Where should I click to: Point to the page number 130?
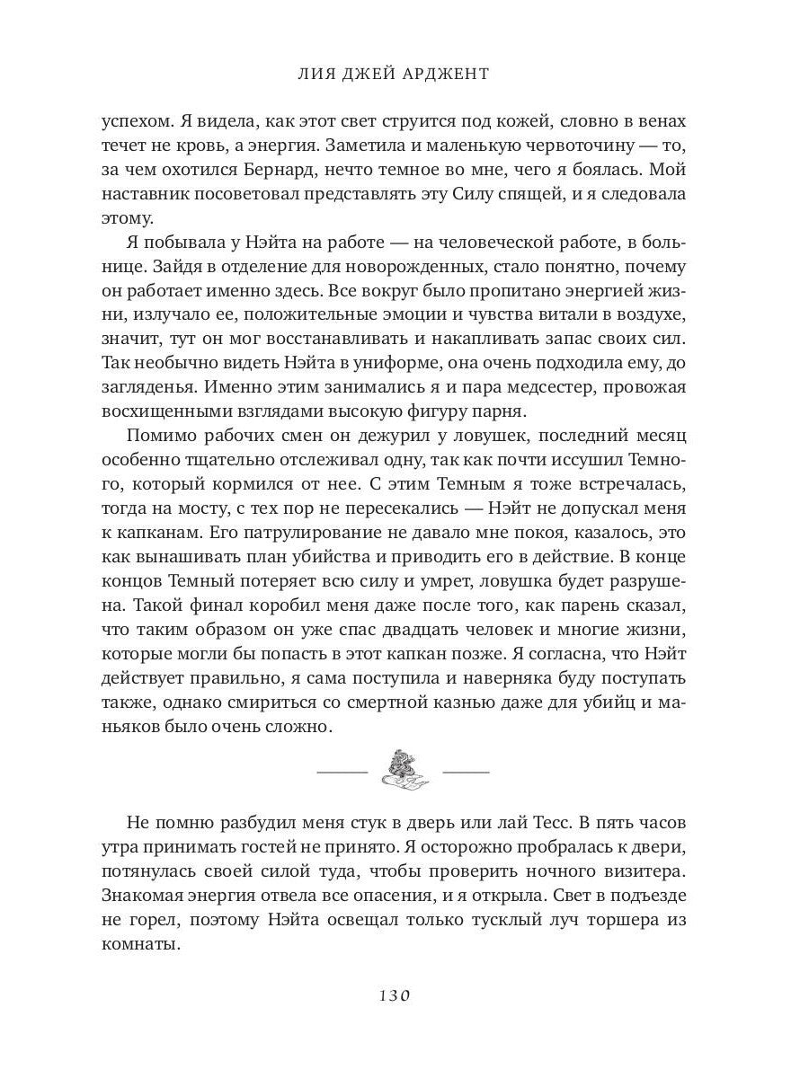(396, 994)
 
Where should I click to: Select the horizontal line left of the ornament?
(342, 772)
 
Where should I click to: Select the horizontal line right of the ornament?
(465, 772)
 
